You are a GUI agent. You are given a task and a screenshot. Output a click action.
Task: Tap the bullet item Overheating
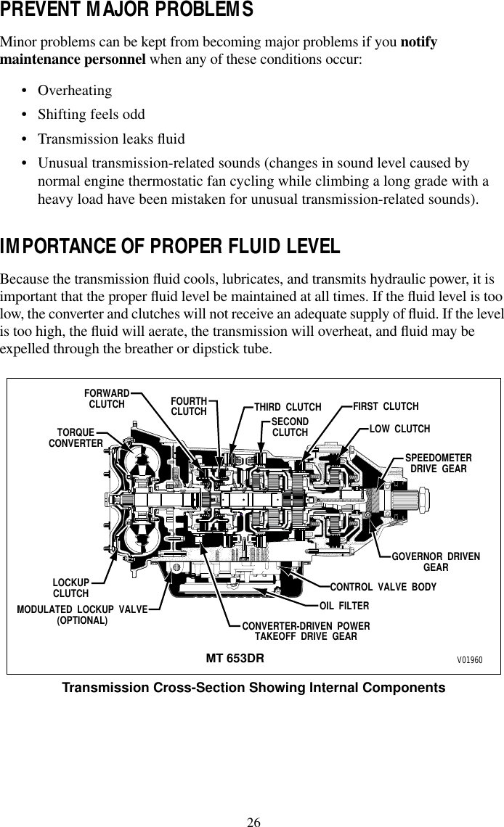click(x=75, y=91)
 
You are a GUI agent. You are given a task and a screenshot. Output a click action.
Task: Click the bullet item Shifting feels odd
click(x=91, y=115)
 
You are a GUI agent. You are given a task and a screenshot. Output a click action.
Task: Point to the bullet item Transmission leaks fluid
click(x=111, y=139)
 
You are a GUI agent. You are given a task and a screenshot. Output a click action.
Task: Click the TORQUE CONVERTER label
click(x=76, y=437)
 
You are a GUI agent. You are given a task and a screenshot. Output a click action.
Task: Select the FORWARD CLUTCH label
click(x=107, y=398)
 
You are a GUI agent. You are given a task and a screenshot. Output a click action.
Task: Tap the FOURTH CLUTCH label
click(x=189, y=406)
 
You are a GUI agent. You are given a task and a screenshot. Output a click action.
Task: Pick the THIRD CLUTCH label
click(x=288, y=407)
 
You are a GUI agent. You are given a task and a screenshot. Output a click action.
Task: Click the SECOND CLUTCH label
click(x=290, y=427)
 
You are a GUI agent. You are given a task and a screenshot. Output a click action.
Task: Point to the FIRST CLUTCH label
click(x=386, y=406)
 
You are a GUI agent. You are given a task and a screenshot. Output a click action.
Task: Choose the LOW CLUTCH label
click(x=400, y=429)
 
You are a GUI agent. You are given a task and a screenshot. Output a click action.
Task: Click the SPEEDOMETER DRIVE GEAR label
click(x=438, y=464)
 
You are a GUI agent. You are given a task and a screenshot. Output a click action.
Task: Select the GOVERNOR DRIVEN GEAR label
click(x=436, y=561)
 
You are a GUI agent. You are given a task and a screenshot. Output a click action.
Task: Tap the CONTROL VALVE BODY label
click(x=383, y=586)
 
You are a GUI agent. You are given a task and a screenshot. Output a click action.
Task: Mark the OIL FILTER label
click(x=344, y=605)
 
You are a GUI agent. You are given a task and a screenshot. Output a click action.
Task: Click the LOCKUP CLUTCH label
click(x=70, y=588)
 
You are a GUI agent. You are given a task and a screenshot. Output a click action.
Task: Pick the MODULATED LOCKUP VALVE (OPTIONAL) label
click(x=82, y=614)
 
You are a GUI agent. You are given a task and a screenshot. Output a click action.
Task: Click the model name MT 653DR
click(x=235, y=659)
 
